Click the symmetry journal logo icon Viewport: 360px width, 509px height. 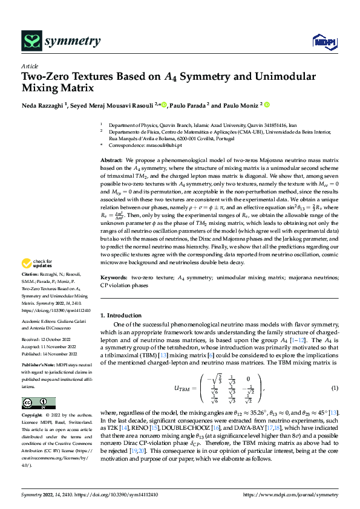tap(31, 41)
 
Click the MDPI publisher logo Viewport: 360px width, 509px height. tap(323, 41)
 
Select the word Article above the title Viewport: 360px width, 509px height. tap(30, 66)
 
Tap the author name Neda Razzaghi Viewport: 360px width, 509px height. tap(42, 106)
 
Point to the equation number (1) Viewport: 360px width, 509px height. tap(334, 387)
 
